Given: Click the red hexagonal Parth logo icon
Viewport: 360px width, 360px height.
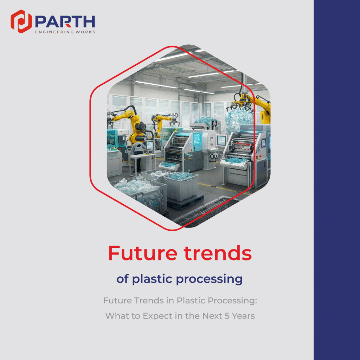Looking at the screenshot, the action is [x=21, y=21].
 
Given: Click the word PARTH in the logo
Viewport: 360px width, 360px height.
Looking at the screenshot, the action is [x=65, y=22].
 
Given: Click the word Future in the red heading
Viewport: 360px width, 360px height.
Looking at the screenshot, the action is [x=143, y=253].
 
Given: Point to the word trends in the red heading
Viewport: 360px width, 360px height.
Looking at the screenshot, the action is [x=217, y=253].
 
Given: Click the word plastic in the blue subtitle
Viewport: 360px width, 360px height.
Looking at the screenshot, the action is [x=152, y=279].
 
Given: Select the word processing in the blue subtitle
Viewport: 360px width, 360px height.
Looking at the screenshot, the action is [x=209, y=279].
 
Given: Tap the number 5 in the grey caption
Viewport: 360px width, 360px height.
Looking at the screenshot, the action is [x=227, y=316].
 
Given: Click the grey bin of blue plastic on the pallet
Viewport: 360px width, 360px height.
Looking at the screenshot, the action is [x=181, y=186].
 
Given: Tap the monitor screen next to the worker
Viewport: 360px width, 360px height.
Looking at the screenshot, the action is [x=150, y=145].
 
